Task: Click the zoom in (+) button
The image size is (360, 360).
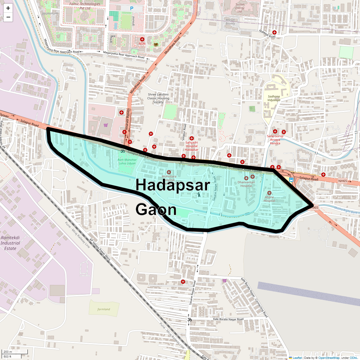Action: (x=8, y=8)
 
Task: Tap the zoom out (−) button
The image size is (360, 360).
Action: (x=8, y=17)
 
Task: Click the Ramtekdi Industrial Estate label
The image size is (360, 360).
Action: (x=10, y=243)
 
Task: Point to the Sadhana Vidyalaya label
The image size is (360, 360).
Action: (x=274, y=98)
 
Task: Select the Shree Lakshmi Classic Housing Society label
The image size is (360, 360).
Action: (x=158, y=98)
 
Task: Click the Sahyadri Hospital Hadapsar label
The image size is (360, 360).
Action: (x=191, y=146)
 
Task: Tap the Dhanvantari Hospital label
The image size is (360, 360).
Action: (x=246, y=184)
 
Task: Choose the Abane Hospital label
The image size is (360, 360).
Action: (x=269, y=199)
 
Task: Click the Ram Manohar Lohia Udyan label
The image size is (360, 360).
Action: (x=127, y=162)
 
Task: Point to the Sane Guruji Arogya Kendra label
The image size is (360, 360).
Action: (x=275, y=140)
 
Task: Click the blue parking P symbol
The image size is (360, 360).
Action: (x=131, y=9)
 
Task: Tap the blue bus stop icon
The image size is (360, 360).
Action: (x=291, y=180)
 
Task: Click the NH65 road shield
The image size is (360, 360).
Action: (x=342, y=181)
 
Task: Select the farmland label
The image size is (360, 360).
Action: (x=104, y=309)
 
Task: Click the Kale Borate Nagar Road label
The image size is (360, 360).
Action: (x=228, y=319)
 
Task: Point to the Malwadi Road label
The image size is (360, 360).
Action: (x=267, y=34)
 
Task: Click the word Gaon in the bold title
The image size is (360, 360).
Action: (x=156, y=209)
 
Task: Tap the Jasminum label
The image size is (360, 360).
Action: (x=50, y=13)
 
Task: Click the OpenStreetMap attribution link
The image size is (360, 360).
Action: (x=329, y=358)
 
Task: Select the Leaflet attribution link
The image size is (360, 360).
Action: (x=297, y=358)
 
